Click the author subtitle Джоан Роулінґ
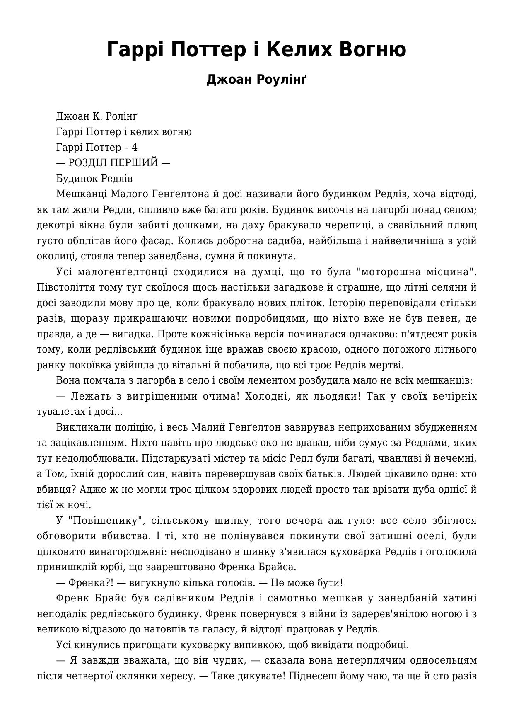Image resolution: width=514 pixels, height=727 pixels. coord(257,79)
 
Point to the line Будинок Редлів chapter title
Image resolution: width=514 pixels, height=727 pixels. coord(94,179)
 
